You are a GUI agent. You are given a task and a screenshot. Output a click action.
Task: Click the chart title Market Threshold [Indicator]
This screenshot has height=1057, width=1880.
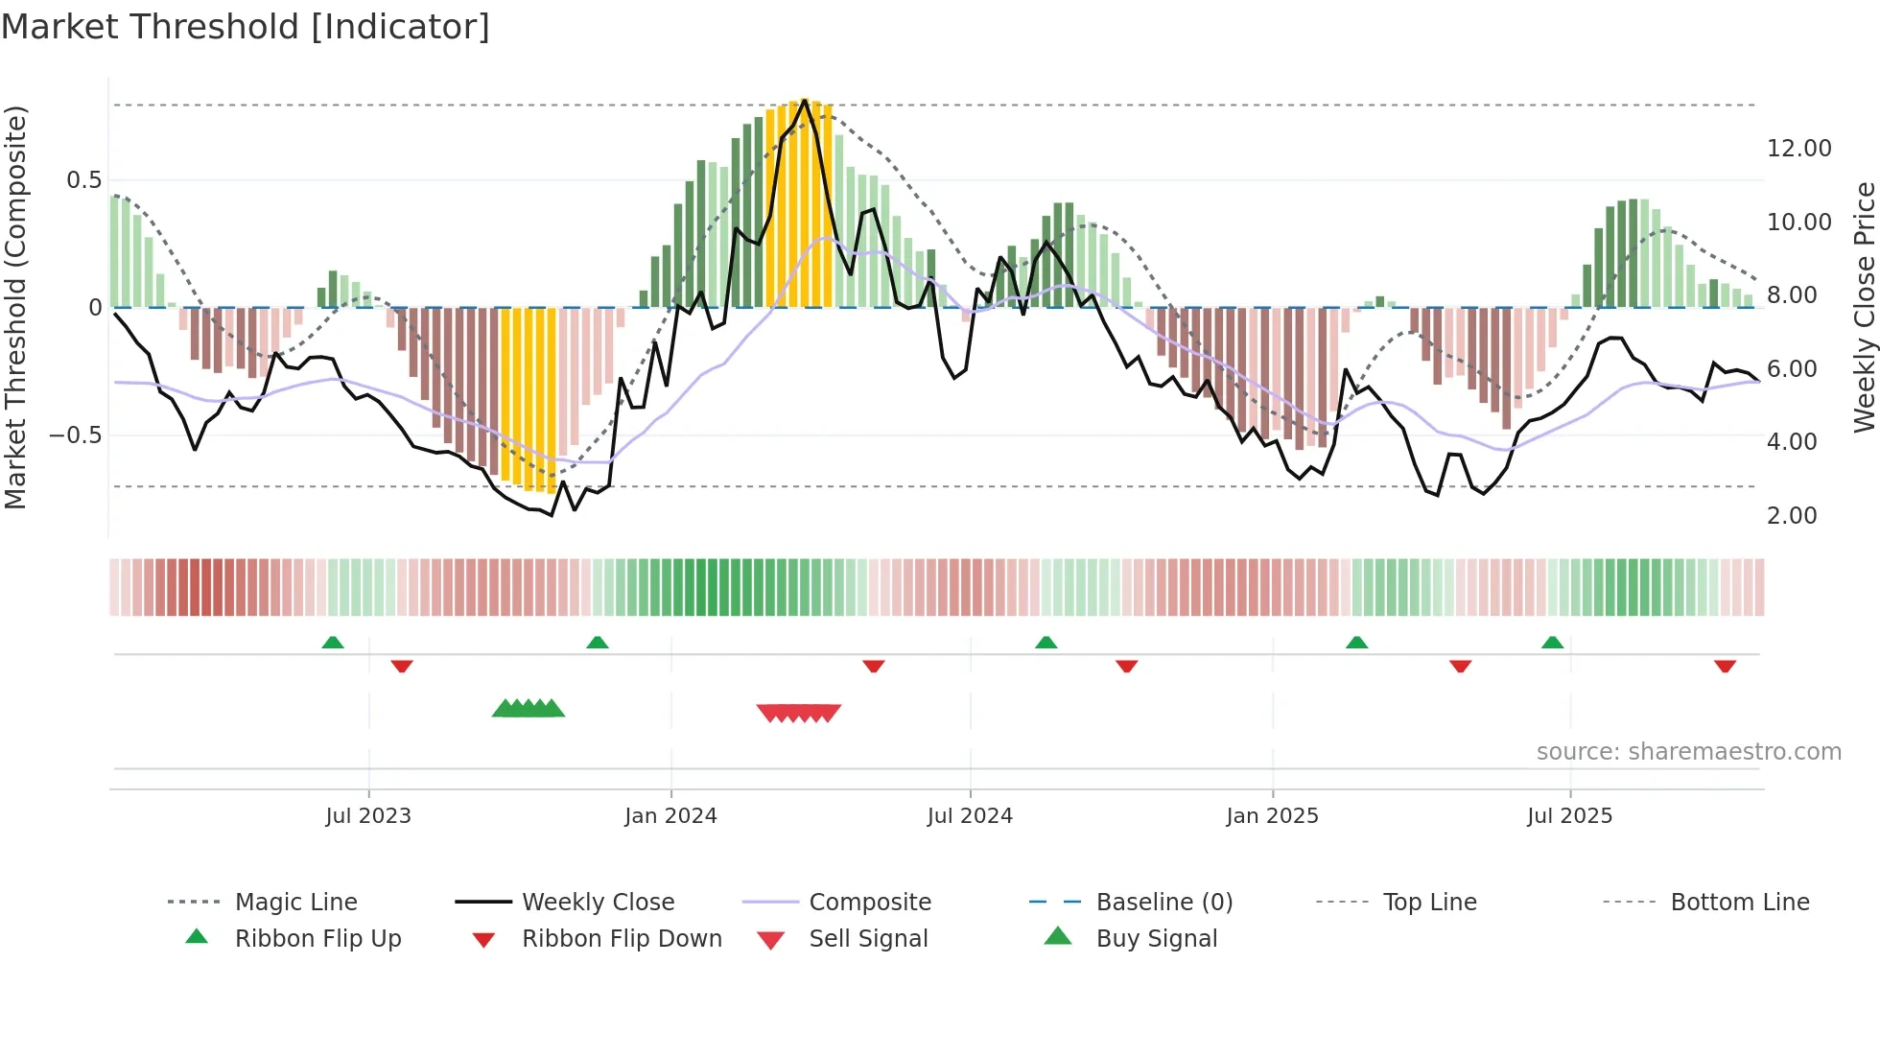pyautogui.click(x=246, y=27)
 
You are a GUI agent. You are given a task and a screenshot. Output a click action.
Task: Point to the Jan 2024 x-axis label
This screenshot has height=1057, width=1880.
pyautogui.click(x=670, y=815)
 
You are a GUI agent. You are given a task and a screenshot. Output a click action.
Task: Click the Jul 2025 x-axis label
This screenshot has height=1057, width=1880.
pyautogui.click(x=1569, y=815)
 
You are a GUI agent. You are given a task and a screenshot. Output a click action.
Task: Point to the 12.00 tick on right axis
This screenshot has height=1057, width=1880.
pyautogui.click(x=1798, y=149)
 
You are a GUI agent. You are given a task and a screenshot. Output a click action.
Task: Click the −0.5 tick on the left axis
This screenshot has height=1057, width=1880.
pyautogui.click(x=75, y=435)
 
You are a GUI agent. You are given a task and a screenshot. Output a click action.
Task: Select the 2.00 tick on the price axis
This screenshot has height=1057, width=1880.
pyautogui.click(x=1791, y=516)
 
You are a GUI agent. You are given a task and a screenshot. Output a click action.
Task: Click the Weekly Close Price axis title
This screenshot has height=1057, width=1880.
pyautogui.click(x=1864, y=307)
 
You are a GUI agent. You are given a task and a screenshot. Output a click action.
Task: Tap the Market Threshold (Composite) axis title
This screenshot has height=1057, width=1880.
pyautogui.click(x=15, y=307)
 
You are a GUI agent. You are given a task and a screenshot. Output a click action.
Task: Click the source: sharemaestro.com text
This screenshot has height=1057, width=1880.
pyautogui.click(x=1688, y=752)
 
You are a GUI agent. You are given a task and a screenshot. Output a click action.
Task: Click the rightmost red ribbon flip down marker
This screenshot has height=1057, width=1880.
pyautogui.click(x=1725, y=666)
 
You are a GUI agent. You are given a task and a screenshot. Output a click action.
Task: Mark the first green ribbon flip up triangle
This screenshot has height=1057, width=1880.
pyautogui.click(x=333, y=642)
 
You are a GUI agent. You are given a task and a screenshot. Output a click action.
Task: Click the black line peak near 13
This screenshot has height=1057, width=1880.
pyautogui.click(x=805, y=100)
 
